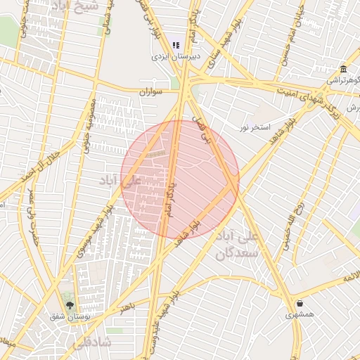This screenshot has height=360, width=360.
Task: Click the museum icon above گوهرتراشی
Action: pos(342,69)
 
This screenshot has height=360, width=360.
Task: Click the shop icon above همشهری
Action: pos(300,304)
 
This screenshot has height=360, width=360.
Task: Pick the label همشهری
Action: pos(300,315)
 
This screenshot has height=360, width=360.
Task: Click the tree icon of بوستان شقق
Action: pos(69,304)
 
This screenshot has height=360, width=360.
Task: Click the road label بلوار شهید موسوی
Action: pos(91,229)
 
